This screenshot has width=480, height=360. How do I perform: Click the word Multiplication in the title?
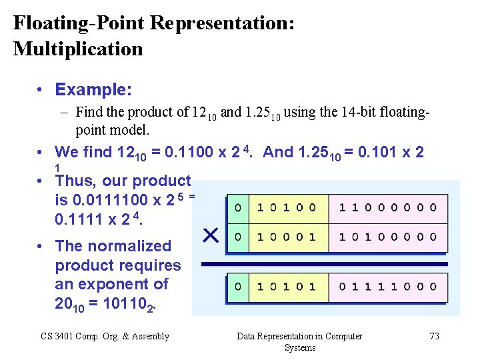78,49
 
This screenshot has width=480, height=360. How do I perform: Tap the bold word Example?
93,89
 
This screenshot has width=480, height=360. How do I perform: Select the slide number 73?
434,336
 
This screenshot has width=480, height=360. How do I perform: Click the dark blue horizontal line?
325,264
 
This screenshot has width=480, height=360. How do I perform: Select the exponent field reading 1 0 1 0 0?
287,207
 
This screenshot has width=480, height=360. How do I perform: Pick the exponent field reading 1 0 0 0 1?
287,237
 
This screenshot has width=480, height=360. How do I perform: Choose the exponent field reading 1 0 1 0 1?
287,287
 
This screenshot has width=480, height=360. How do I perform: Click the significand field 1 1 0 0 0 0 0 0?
388,207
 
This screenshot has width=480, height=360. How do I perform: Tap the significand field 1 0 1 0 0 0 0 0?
388,237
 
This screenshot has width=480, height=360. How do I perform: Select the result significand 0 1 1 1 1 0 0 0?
388,287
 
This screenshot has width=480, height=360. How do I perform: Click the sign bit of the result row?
238,287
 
